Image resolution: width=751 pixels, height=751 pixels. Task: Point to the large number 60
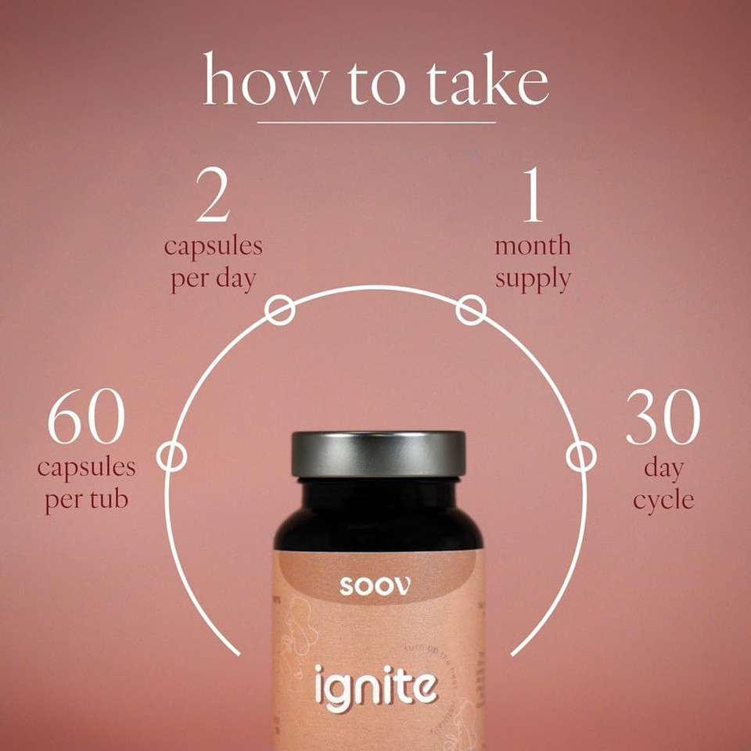tap(86, 420)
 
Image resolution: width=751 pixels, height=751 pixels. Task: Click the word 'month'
tap(532, 246)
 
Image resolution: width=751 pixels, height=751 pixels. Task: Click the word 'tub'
tap(112, 501)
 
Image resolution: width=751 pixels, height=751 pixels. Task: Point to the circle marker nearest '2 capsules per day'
tap(280, 311)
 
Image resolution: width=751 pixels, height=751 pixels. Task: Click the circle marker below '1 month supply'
tap(470, 311)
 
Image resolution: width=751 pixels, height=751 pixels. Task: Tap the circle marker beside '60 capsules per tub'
tap(171, 457)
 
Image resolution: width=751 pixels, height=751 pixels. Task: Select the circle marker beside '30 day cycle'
tap(580, 457)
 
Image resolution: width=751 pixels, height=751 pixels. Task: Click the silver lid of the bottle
tap(378, 454)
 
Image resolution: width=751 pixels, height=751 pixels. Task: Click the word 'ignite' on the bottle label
tap(375, 686)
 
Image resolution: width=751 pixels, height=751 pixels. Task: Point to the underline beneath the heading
tap(376, 122)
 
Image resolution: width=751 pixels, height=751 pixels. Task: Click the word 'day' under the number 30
tap(663, 469)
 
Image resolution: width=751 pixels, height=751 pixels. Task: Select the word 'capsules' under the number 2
tap(213, 246)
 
